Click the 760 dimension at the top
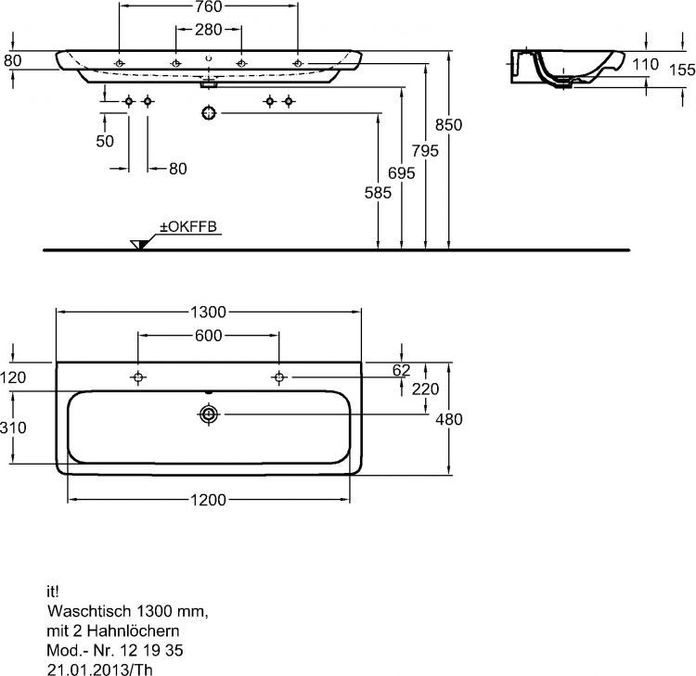[209, 6]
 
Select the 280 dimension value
[208, 30]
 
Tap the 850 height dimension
[449, 125]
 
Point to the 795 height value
[425, 151]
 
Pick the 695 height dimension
[402, 173]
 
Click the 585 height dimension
[379, 193]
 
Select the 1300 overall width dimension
[208, 312]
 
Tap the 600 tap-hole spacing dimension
[208, 336]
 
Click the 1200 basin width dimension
[208, 501]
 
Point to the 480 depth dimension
[449, 419]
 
